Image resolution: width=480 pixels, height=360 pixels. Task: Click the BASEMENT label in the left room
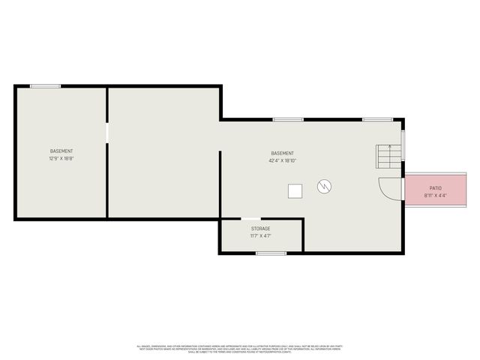coord(61,151)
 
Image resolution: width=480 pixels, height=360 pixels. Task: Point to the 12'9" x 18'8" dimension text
coord(61,159)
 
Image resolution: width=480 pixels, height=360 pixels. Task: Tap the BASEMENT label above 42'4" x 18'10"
coord(283,153)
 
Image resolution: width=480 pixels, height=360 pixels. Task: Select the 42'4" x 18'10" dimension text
coord(283,160)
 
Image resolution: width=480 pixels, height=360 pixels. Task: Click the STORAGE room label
coord(261,229)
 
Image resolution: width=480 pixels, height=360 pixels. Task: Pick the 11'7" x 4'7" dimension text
coord(261,236)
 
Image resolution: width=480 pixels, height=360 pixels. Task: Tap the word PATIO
coord(435,188)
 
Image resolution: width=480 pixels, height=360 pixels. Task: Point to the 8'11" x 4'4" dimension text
coord(435,196)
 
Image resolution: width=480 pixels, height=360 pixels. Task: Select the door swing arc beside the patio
coord(388,188)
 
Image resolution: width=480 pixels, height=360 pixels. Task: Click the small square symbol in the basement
coord(295,191)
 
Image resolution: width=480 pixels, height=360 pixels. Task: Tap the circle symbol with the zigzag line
coord(325,185)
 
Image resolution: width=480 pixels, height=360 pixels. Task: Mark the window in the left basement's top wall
coord(45,86)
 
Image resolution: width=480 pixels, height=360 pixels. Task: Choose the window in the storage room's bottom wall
coord(271,253)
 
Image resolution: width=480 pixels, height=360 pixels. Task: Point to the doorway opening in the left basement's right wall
coord(107,133)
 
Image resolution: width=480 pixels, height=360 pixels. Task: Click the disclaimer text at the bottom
coord(239,349)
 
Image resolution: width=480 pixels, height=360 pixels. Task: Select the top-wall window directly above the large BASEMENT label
coord(288,119)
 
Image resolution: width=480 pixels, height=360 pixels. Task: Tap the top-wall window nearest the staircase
coord(377,119)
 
